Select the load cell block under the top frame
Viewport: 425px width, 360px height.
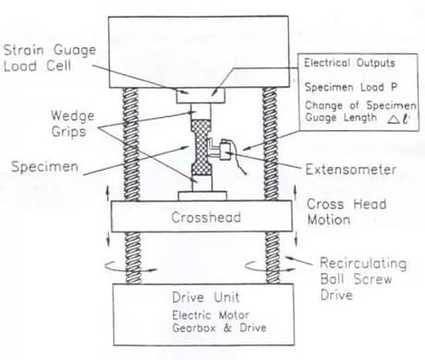point(200,94)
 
